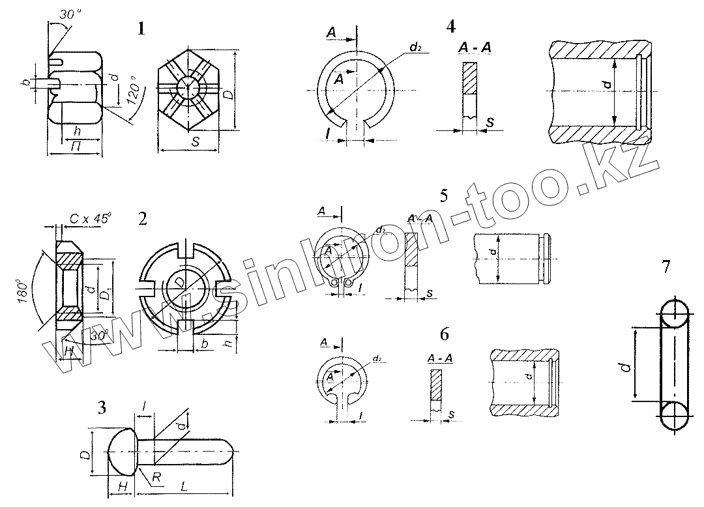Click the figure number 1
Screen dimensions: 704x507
click(x=141, y=29)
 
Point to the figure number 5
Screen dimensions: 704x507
click(x=444, y=196)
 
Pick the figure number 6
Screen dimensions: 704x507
click(x=445, y=334)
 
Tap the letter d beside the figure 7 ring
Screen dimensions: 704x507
click(x=624, y=368)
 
